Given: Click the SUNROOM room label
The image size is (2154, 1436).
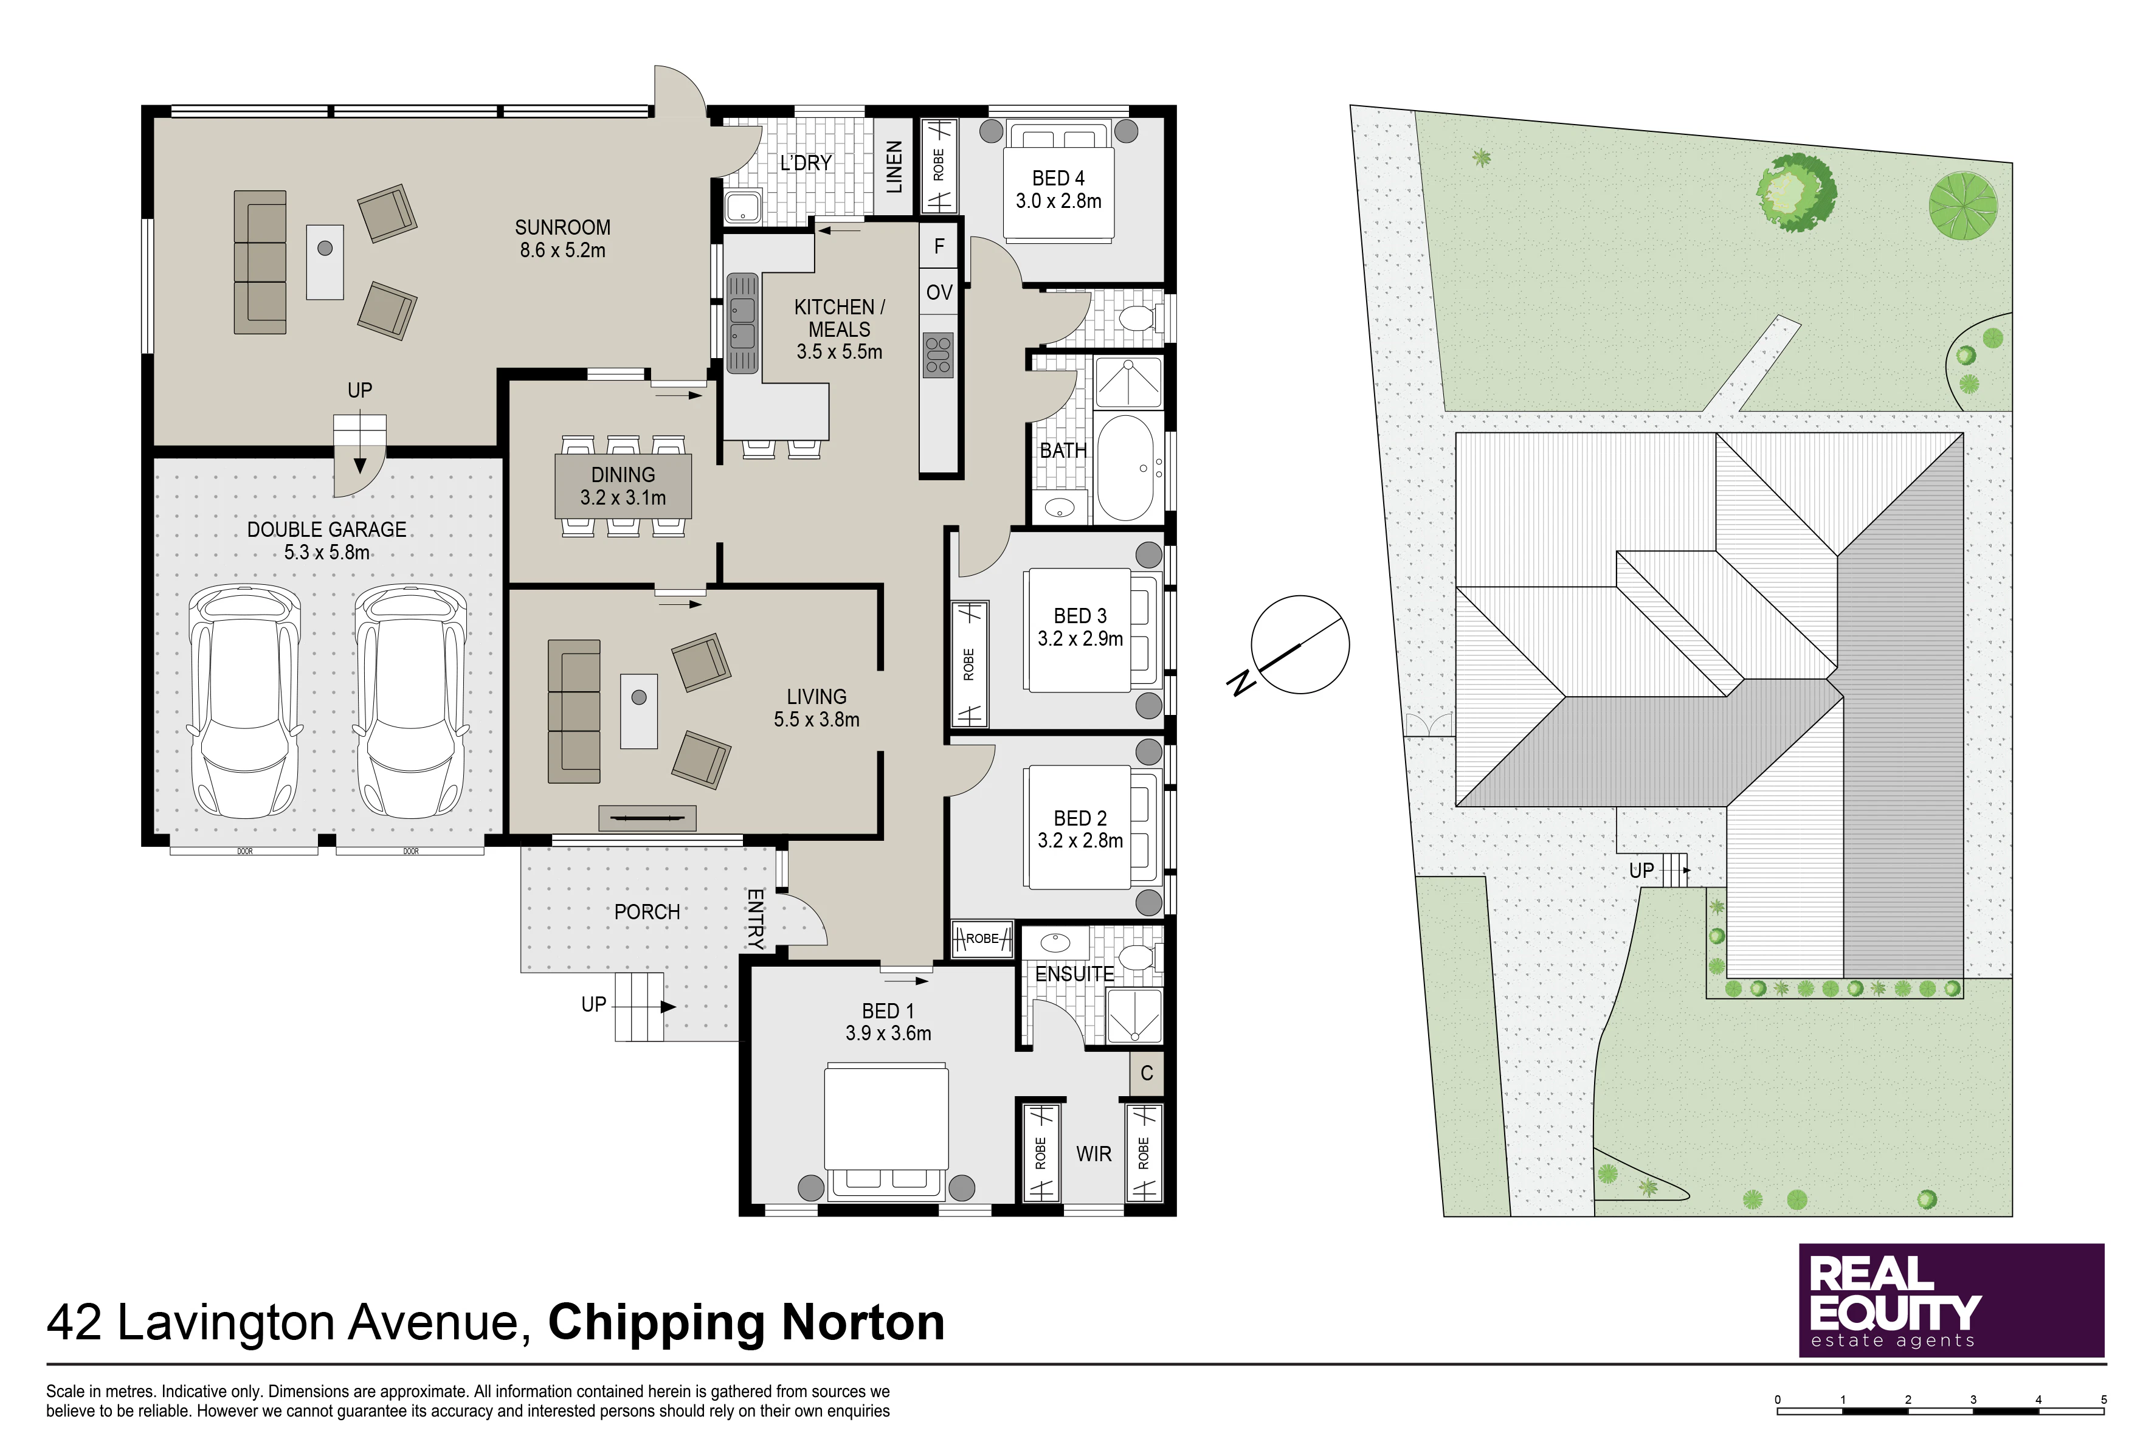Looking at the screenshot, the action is click(x=562, y=228).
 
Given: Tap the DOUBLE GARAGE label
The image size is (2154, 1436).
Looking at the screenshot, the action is click(x=327, y=530).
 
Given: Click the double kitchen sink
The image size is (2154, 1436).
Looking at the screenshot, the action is click(x=743, y=323).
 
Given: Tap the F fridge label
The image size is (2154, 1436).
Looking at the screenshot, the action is click(x=939, y=246).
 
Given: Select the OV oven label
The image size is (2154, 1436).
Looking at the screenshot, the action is click(x=939, y=293).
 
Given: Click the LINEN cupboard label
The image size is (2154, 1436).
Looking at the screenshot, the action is click(x=894, y=167).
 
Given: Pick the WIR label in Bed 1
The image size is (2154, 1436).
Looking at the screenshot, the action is click(x=1094, y=1154).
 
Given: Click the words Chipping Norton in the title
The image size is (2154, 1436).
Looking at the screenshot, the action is click(x=747, y=1322).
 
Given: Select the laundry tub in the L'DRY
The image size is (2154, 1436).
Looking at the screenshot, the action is click(x=743, y=207).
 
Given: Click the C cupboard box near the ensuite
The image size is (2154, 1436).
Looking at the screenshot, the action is click(x=1147, y=1073).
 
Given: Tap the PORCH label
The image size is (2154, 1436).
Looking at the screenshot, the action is click(x=647, y=912).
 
